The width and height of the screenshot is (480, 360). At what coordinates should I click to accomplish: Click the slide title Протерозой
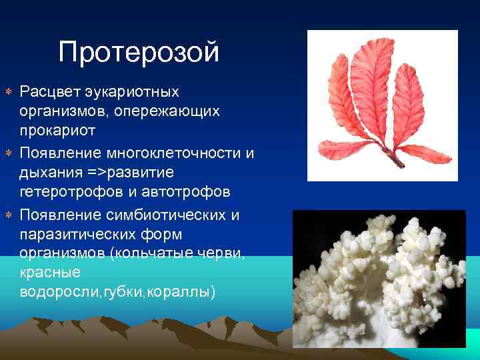click(x=139, y=52)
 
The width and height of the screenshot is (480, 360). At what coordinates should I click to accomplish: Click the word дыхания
click(x=49, y=173)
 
